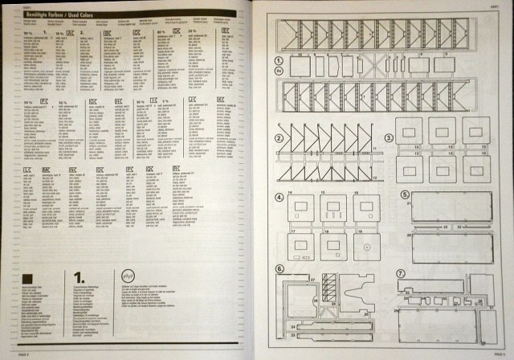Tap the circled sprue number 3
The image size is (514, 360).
point(388,137)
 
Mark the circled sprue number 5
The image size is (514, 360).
point(405,194)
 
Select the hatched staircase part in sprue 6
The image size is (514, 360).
point(329,286)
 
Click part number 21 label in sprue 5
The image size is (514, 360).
point(409,205)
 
